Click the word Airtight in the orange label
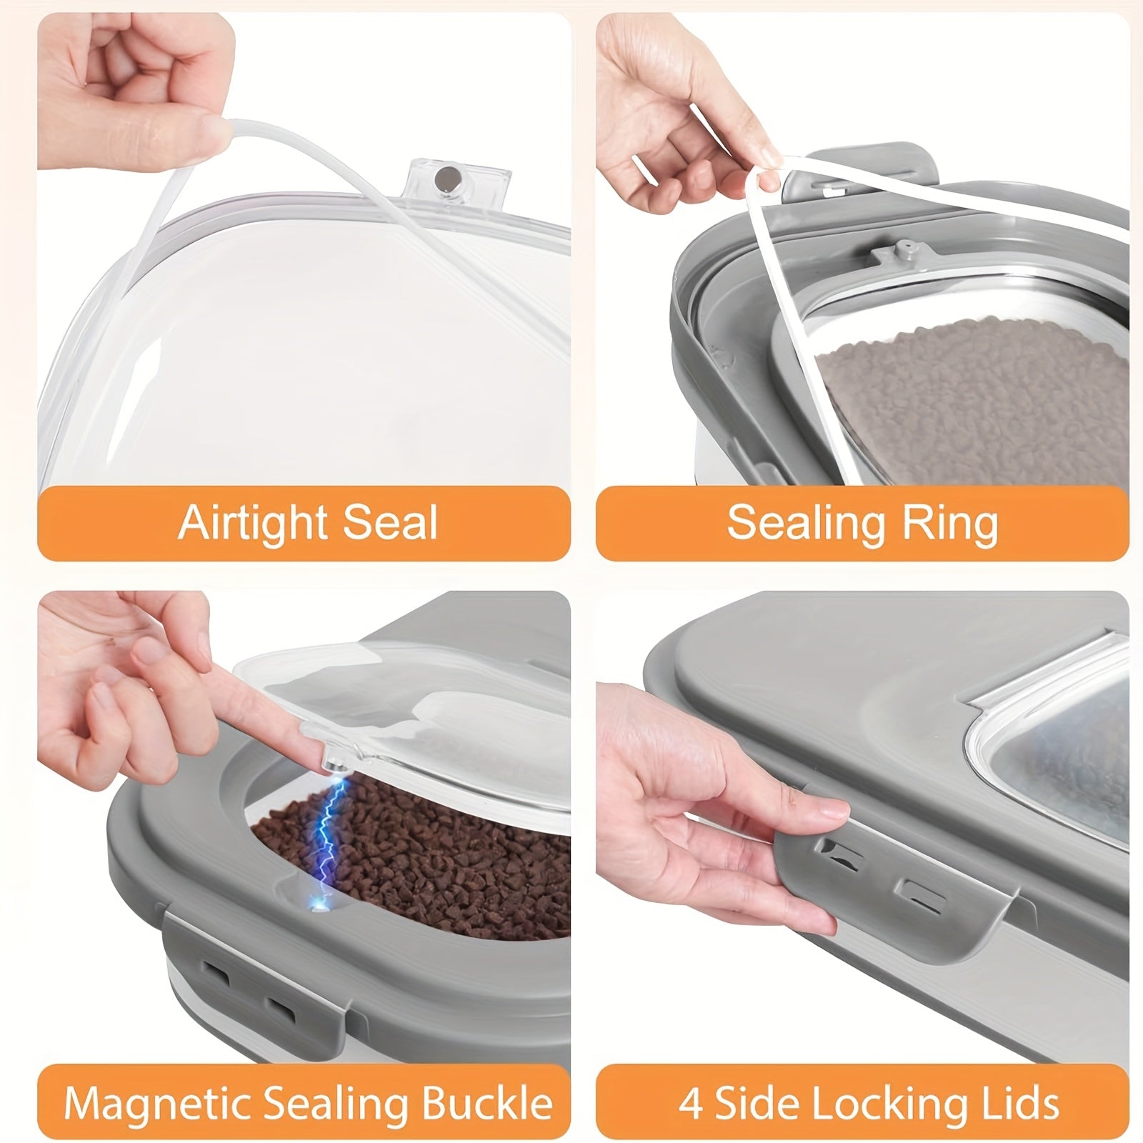pyautogui.click(x=253, y=522)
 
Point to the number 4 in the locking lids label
pyautogui.click(x=690, y=1104)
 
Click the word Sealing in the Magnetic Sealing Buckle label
pyautogui.click(x=341, y=1104)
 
